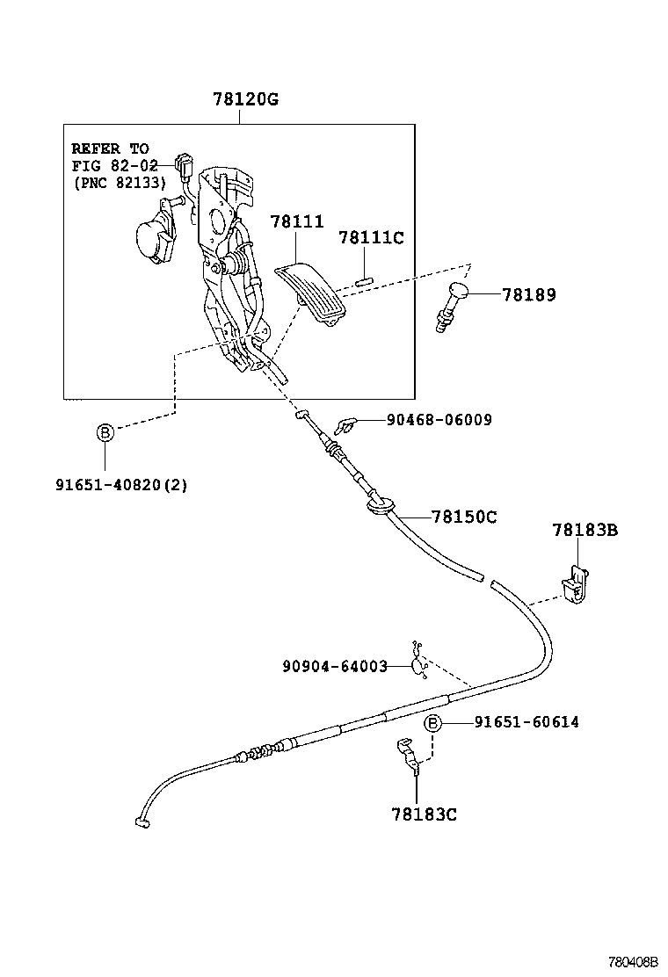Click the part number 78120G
pos(245,99)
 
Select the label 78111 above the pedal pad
pos(297,222)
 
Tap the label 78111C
pos(371,237)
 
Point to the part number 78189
pos(529,295)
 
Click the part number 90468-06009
pos(439,420)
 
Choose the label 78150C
pos(464,517)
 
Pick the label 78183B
pos(585,530)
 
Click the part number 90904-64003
pos(335,666)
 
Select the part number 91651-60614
pos(526,722)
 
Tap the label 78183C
pos(425,814)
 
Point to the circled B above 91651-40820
pos(104,432)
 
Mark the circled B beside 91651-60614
pos(432,722)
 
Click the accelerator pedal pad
pos(312,294)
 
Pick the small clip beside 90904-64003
pos(419,662)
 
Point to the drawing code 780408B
pos(635,963)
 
